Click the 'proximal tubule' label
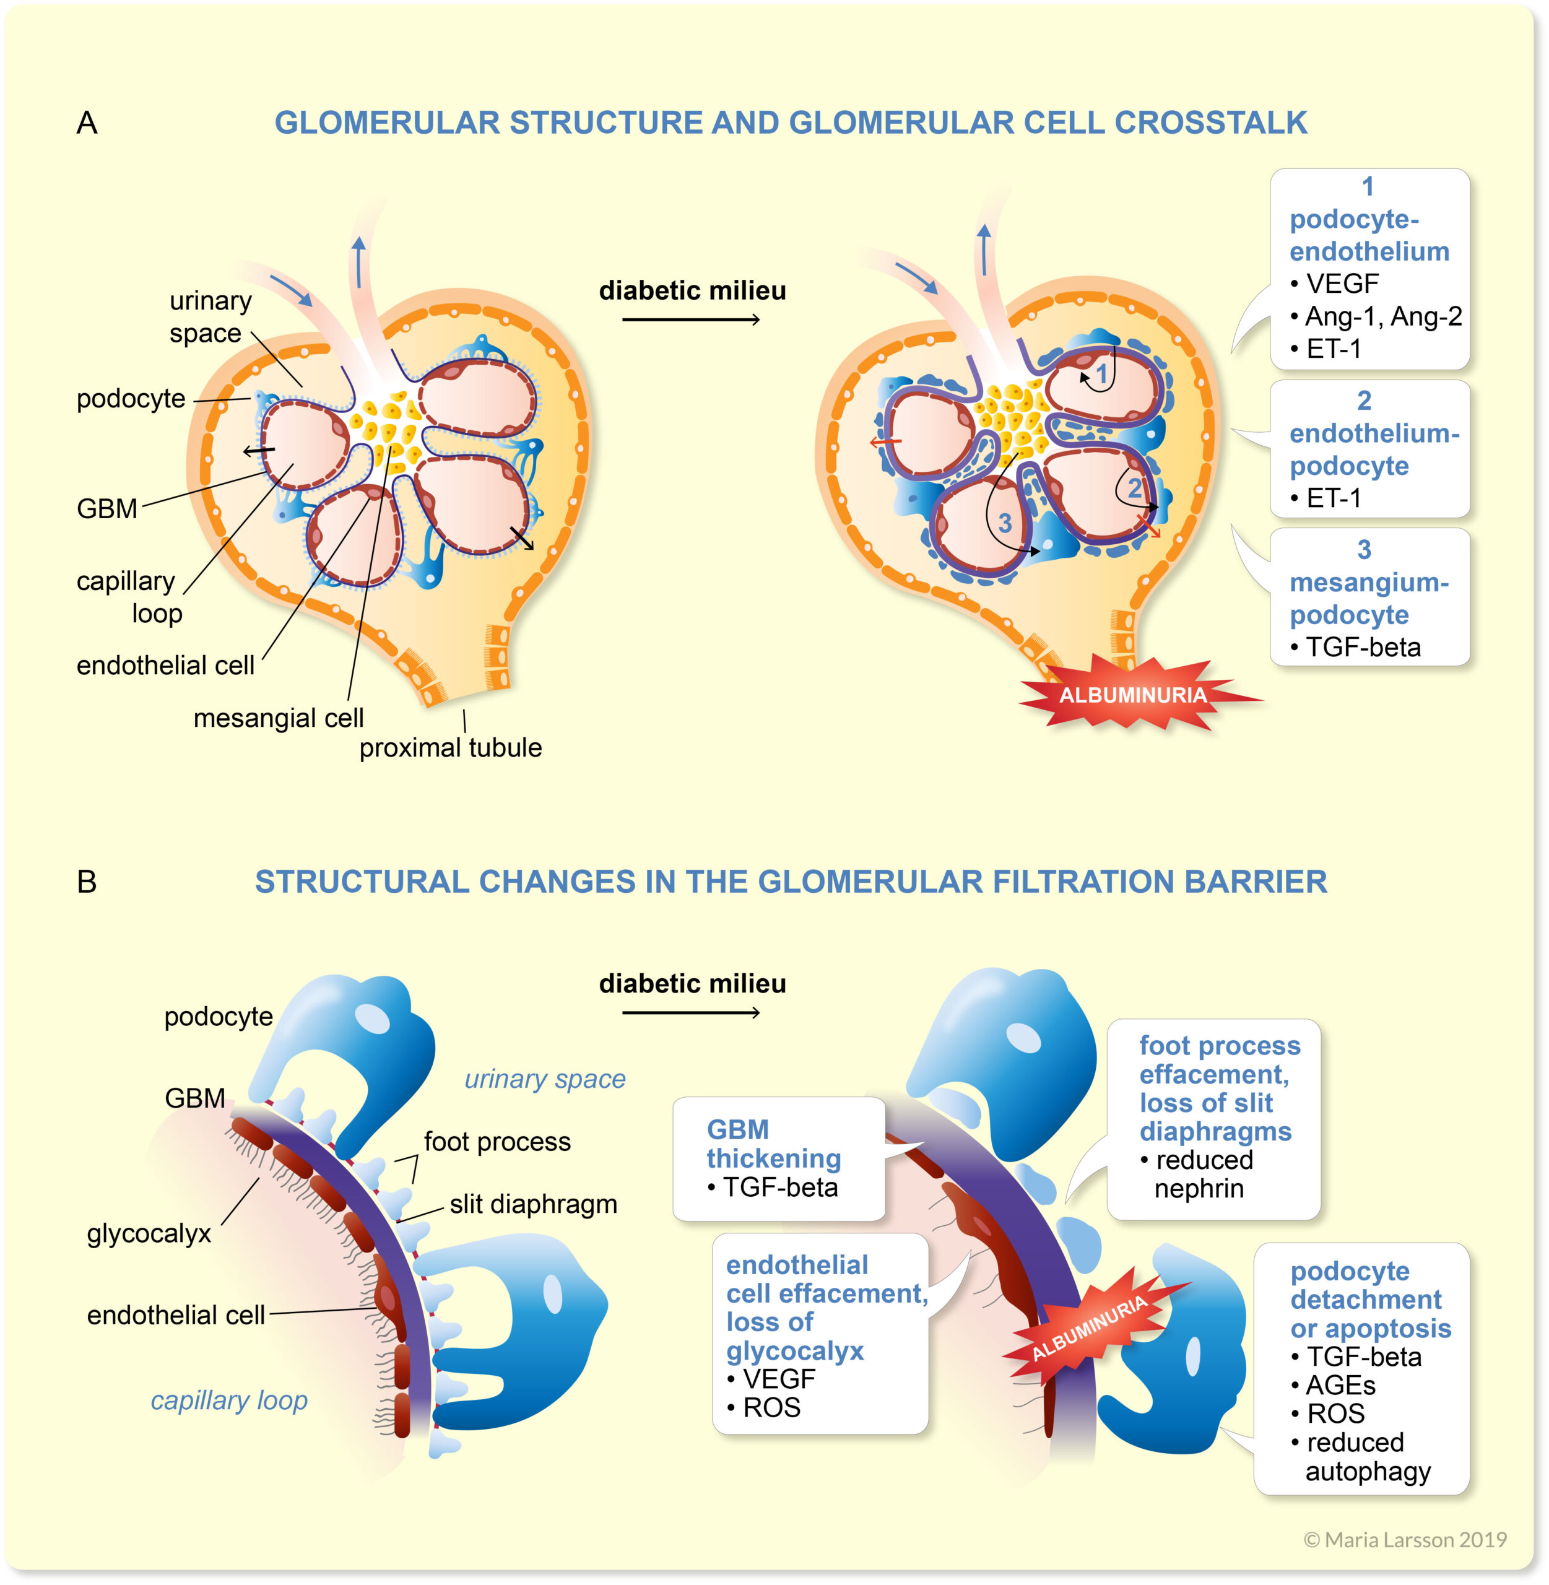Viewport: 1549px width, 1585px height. coord(451,748)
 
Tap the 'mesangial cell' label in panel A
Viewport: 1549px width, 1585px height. coord(278,718)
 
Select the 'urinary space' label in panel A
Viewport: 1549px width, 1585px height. coord(209,318)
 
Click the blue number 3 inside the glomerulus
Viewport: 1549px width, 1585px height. coord(1005,523)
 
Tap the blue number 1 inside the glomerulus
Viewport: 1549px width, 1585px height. coord(1101,375)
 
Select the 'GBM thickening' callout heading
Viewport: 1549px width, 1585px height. coord(773,1143)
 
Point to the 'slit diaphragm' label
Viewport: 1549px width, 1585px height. coord(533,1204)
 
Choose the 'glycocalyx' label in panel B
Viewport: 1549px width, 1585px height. coord(149,1233)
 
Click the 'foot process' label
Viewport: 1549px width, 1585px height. coord(497,1142)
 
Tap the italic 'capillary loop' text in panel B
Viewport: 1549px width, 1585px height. coord(228,1400)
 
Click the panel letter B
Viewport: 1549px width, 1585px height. coord(86,882)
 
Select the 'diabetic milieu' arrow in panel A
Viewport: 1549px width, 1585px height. coord(692,319)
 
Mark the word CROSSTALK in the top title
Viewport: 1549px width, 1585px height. coord(1210,123)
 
